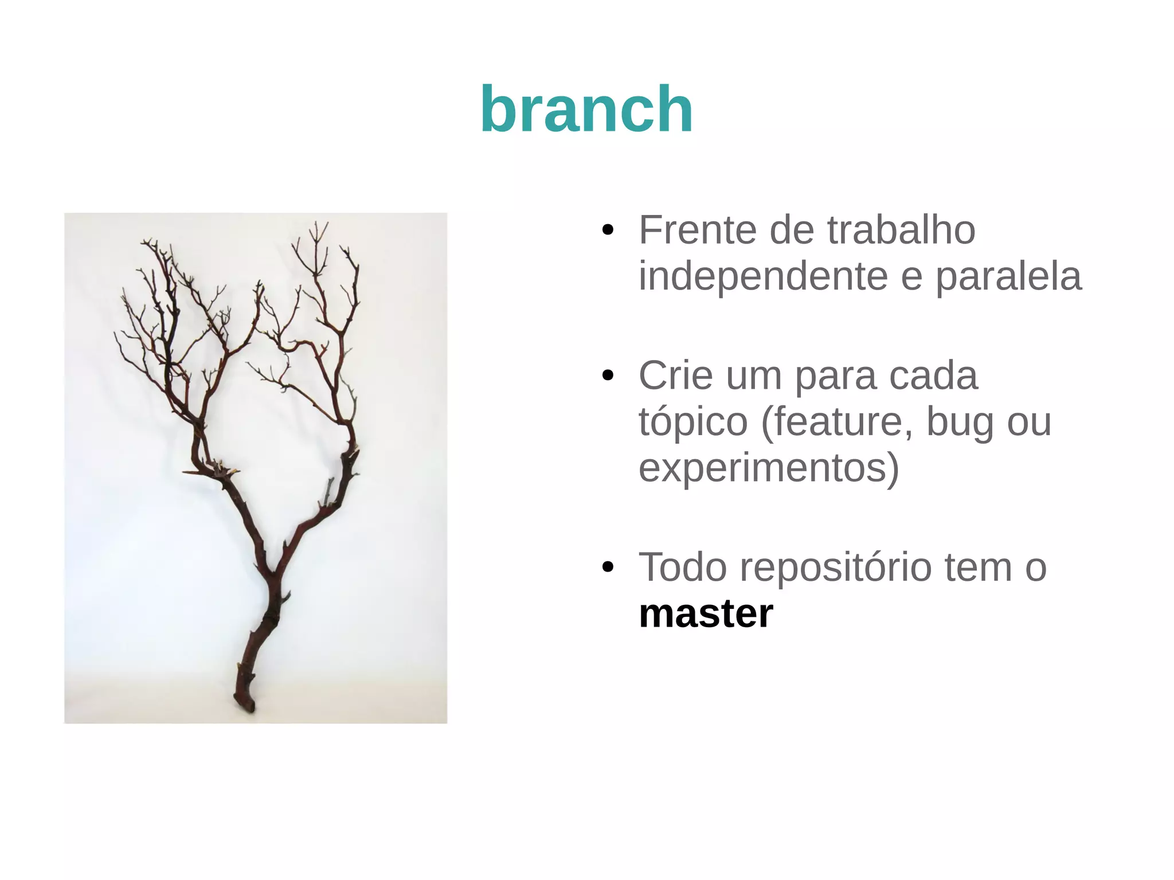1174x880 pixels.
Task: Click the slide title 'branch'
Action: [586, 109]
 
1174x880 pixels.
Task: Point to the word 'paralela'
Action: [1009, 276]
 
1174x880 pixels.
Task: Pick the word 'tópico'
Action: [693, 423]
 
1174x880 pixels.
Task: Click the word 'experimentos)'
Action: [769, 468]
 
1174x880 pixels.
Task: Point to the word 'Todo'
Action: [683, 568]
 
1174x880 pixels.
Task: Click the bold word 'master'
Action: [706, 613]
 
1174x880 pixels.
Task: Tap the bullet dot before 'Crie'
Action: [608, 377]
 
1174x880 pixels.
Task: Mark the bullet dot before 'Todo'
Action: [608, 568]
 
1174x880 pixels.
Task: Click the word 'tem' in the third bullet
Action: [978, 568]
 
